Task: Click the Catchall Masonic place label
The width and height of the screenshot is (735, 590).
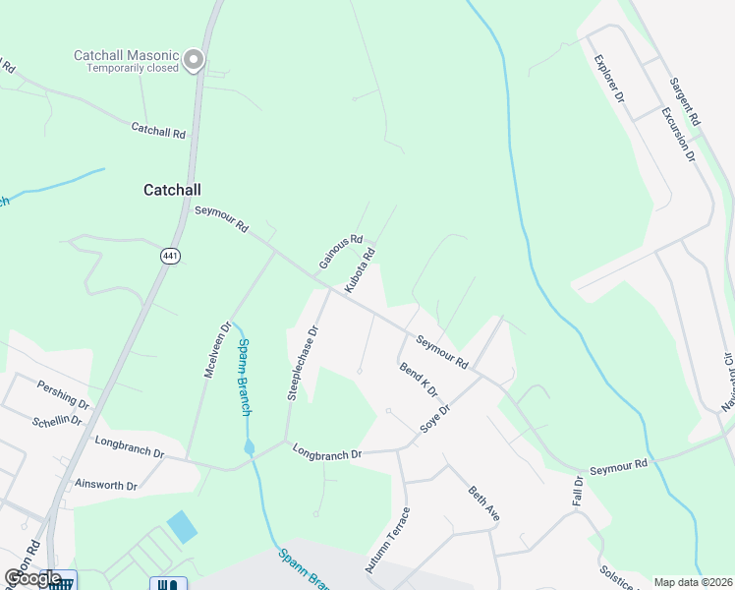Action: pos(128,56)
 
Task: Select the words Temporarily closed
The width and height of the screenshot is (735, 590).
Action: pos(132,69)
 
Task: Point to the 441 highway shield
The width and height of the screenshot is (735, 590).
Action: pos(170,256)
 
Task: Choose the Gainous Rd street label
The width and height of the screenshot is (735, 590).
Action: pos(341,252)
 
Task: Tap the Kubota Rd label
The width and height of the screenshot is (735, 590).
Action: pos(361,269)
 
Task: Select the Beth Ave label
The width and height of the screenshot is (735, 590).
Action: pos(484,503)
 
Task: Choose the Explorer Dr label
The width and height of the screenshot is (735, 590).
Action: pos(608,79)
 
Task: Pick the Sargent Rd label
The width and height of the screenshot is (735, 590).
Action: pos(684,101)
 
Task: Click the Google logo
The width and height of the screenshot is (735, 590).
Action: pos(31,578)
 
